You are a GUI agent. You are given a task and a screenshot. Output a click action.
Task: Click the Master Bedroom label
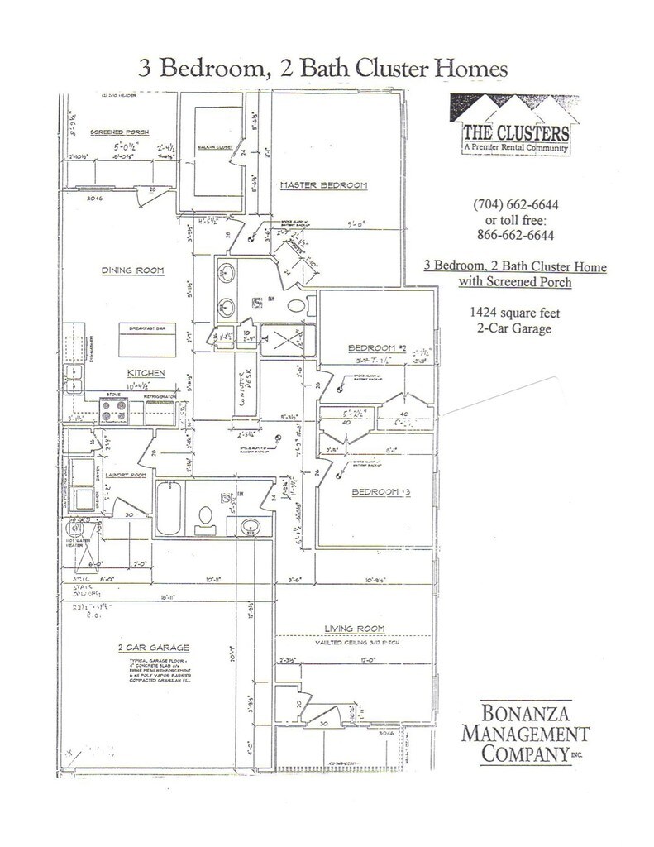[322, 184]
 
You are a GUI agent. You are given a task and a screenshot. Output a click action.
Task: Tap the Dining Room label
[134, 270]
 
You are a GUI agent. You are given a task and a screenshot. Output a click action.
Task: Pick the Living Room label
[356, 628]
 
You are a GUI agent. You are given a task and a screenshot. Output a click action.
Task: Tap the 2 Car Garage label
[155, 647]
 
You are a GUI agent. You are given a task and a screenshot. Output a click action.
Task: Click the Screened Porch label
[118, 132]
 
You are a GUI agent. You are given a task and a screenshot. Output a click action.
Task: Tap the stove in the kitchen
[116, 409]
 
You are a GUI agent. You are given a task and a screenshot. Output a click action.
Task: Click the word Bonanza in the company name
[523, 712]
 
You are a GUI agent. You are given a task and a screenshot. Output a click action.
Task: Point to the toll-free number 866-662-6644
[514, 235]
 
